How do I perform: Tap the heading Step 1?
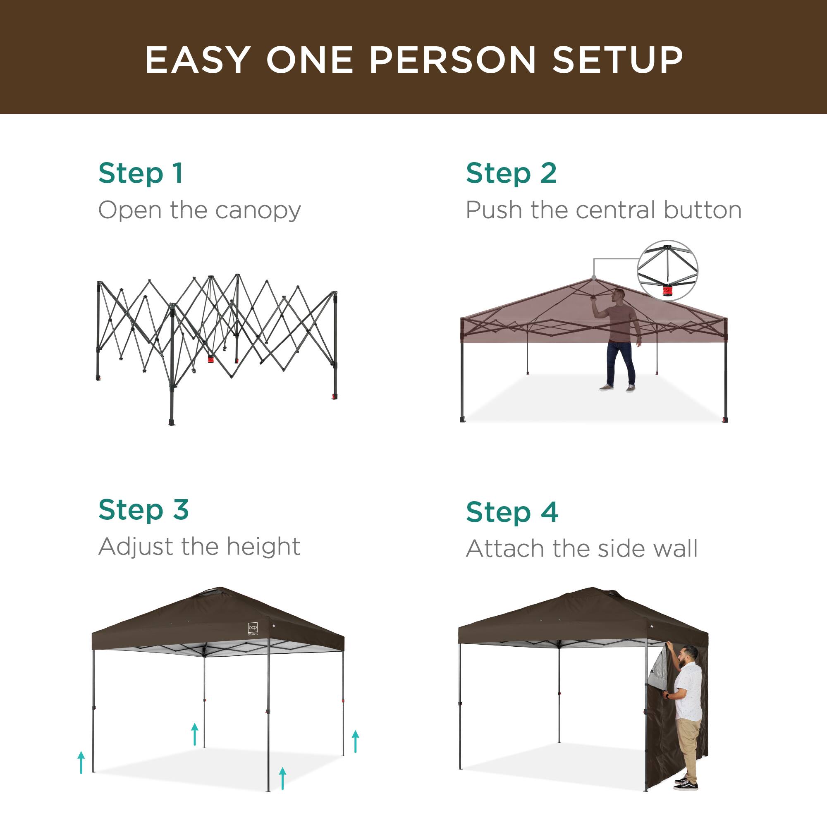141,173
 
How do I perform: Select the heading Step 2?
511,173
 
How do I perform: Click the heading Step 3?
143,510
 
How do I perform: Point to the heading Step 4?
512,512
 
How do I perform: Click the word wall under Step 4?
678,549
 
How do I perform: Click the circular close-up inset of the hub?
667,270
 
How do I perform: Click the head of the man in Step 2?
618,294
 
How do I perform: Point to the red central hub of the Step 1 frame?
210,359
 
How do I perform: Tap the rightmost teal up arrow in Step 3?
355,741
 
